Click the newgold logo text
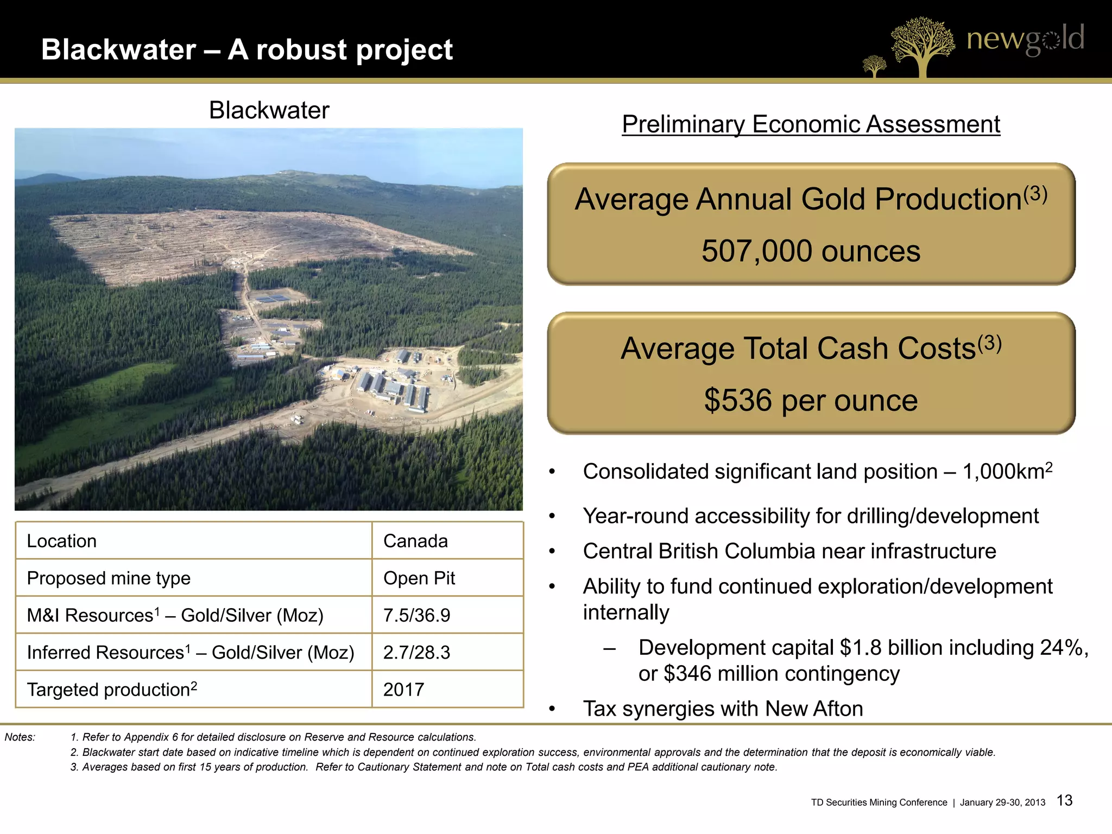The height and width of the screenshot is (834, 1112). [1025, 39]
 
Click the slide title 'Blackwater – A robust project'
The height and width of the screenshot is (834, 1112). [247, 50]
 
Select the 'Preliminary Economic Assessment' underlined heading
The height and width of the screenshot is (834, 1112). [811, 124]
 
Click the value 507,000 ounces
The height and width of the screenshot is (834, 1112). [811, 251]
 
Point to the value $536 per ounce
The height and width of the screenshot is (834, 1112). [811, 401]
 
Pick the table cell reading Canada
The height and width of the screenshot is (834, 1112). [415, 541]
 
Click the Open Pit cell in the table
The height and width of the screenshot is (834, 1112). [419, 578]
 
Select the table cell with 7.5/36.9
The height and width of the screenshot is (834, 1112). [416, 615]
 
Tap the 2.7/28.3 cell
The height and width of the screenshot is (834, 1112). [416, 652]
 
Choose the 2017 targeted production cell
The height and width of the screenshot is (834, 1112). [403, 690]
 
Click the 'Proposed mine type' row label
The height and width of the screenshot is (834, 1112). [109, 578]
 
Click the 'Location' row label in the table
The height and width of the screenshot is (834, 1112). [61, 541]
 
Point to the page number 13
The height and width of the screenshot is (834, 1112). [1065, 800]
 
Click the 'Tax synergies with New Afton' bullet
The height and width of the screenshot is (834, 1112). [723, 709]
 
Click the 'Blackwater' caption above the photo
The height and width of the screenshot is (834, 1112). [269, 111]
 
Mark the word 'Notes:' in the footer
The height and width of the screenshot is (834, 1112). [20, 737]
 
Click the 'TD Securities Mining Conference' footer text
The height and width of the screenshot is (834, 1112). [879, 803]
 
